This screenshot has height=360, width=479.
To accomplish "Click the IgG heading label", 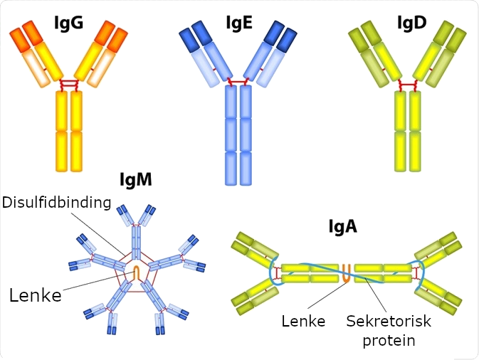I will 69,23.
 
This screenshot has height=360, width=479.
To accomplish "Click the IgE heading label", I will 240,23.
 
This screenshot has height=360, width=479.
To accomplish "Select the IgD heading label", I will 411,23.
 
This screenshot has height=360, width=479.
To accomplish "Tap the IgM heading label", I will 135,180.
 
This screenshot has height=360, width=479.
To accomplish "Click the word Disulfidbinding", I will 57,203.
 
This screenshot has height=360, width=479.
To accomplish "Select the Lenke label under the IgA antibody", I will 303,321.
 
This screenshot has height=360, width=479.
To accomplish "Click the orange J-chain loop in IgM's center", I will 137,272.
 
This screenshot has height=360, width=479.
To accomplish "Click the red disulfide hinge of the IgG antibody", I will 69,85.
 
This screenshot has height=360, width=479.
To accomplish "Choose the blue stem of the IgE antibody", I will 239,135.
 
